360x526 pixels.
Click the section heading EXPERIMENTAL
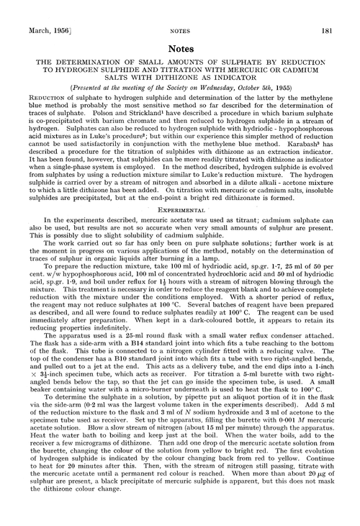(x=180, y=223)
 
